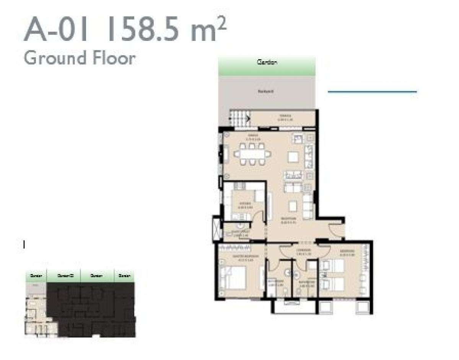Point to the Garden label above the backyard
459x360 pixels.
(x=267, y=62)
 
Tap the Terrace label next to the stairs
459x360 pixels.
(x=284, y=117)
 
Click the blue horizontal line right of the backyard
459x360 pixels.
(x=372, y=92)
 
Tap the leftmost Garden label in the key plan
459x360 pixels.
(x=36, y=276)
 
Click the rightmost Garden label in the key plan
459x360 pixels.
(x=124, y=276)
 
